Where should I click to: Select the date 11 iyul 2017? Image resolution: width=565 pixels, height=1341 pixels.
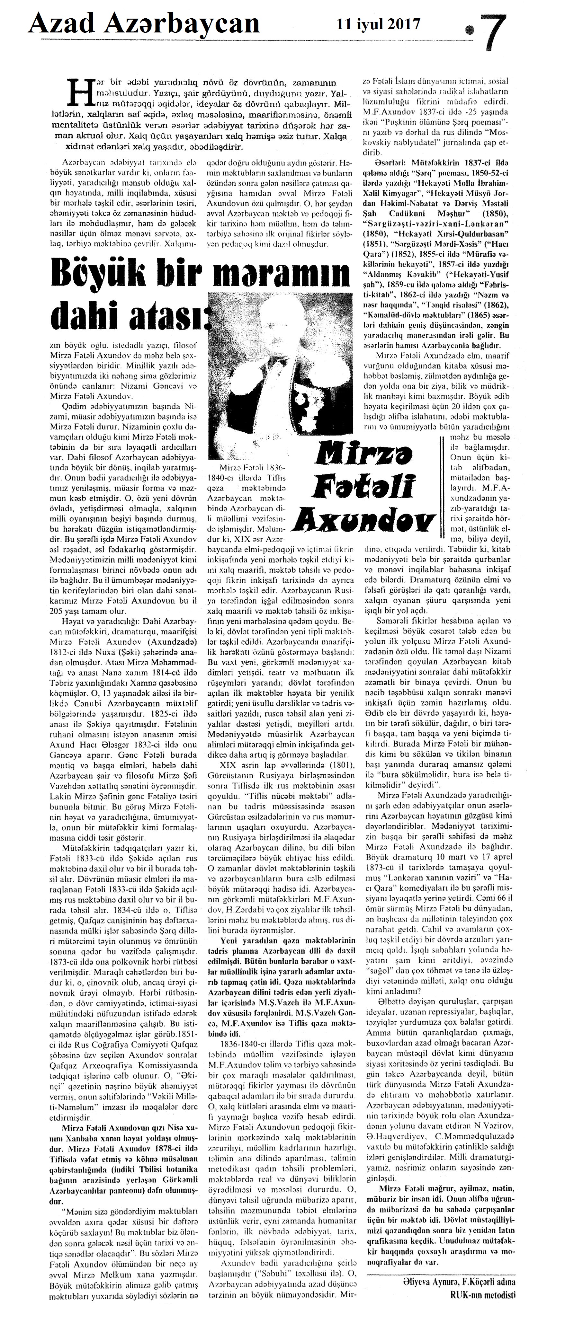(x=379, y=23)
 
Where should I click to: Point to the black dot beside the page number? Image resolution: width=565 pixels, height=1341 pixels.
(x=471, y=30)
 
